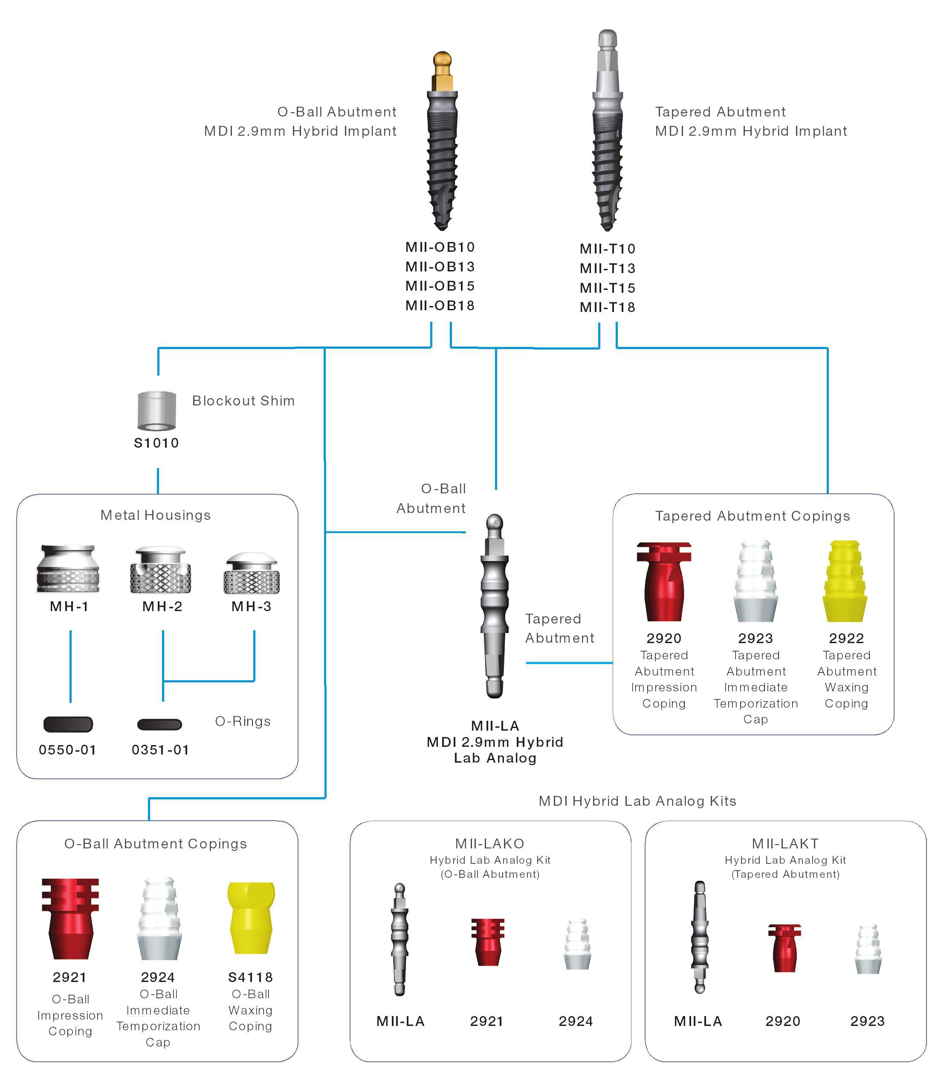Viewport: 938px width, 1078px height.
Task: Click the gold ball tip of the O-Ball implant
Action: pos(442,59)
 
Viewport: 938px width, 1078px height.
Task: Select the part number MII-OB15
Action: pos(440,286)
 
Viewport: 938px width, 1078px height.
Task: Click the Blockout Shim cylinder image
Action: pos(156,411)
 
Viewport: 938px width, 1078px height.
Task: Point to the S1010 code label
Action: pos(156,443)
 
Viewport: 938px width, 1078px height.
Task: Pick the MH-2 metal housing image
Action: pos(161,571)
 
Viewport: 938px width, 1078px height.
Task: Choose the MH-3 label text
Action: pos(251,606)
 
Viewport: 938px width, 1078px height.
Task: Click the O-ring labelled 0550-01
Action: pos(68,725)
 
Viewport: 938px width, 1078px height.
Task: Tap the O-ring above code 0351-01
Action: pos(159,725)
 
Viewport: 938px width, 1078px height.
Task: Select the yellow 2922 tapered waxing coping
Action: pos(845,581)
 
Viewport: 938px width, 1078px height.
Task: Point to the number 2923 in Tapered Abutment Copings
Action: pos(756,638)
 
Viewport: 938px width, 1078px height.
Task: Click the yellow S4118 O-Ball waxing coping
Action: pos(251,918)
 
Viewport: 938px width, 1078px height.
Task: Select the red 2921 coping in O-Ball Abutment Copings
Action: pos(70,918)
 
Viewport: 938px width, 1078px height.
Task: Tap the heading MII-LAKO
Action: pos(489,844)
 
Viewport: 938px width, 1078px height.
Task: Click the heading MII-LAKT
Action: pos(785,844)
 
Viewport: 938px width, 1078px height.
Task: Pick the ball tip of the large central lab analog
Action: pos(495,522)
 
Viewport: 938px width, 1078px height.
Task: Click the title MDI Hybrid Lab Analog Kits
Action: pos(637,801)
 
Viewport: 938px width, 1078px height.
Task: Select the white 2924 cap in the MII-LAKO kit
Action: pos(577,944)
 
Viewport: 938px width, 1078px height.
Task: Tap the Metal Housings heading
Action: pos(156,516)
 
